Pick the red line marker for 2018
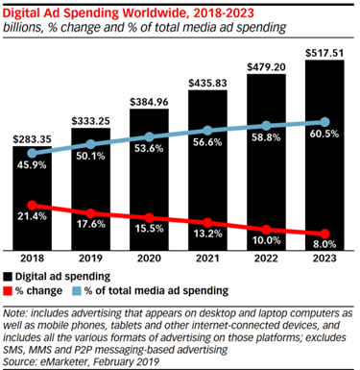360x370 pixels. [35, 205]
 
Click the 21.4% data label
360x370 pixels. [35, 220]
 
